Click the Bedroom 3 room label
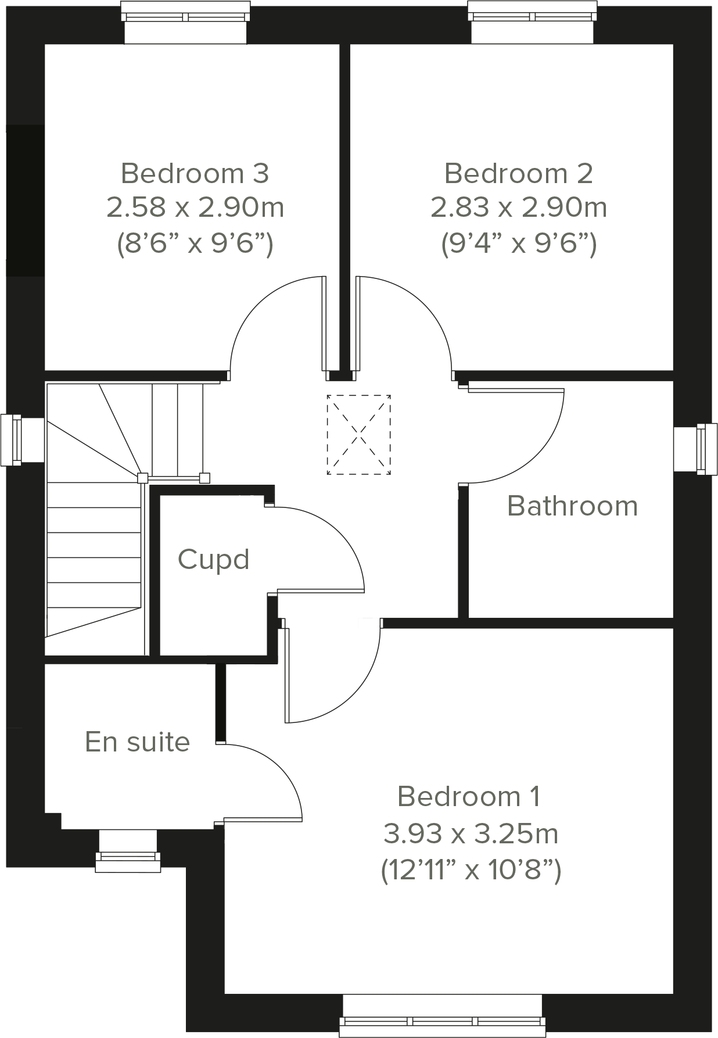coord(195,173)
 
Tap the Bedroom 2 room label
coord(518,173)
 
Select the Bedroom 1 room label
coord(469,796)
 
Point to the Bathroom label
coord(572,506)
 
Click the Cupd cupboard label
coord(213,559)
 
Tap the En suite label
coord(137,742)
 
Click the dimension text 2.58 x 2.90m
coord(195,207)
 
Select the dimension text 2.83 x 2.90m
coord(518,207)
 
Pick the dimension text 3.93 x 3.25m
coord(470,834)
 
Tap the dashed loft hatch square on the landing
coord(358,435)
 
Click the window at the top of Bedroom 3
coord(185,22)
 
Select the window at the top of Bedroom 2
coord(532,22)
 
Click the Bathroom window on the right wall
coord(695,449)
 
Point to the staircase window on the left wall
coord(22,439)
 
